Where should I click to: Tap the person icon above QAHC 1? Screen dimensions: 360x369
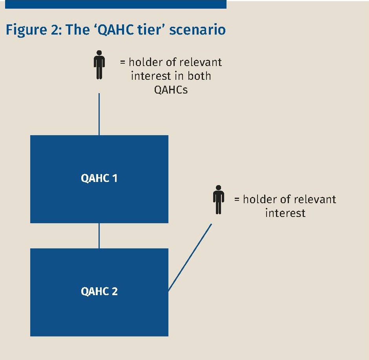99,65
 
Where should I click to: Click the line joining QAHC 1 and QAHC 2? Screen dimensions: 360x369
99,235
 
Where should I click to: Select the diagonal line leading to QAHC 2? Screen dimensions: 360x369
190,257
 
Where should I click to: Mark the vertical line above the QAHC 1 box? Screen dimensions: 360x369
99,114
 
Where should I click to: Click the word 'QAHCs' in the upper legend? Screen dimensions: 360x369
171,90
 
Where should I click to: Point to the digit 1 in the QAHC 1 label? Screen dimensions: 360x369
115,178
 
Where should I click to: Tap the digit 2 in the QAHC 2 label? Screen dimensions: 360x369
115,292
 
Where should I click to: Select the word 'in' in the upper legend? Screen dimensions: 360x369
178,76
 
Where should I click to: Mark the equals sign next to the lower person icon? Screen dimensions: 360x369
237,199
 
